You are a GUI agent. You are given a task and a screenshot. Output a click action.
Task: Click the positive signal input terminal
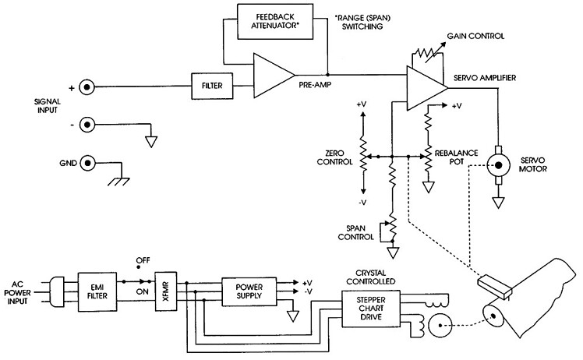coord(90,87)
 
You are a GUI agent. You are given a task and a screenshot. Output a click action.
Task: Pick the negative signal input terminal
coord(90,123)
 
